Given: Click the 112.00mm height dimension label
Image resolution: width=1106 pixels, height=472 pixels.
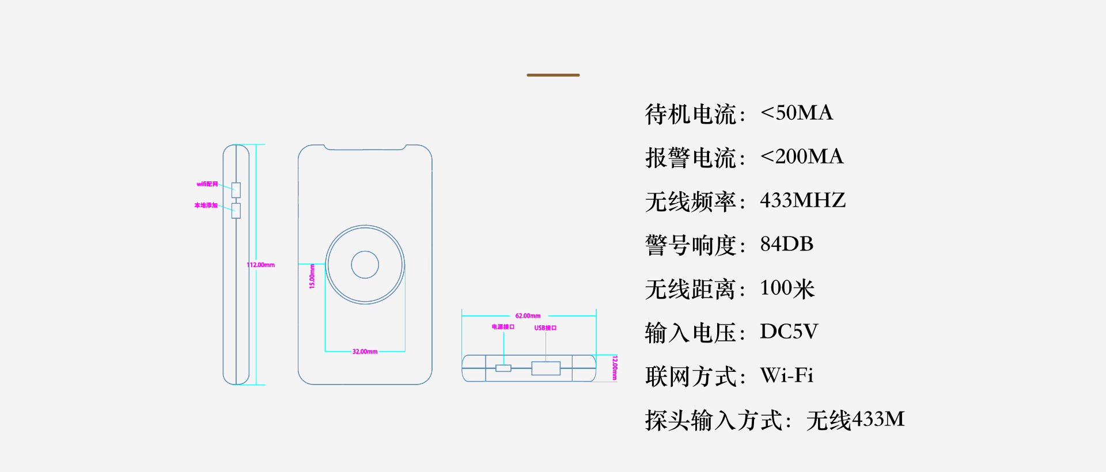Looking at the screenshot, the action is (x=261, y=265).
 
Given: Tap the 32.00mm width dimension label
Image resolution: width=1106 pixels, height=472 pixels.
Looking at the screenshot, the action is (x=365, y=352).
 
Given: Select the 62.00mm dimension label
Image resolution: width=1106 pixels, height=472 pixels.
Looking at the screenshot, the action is (x=528, y=316).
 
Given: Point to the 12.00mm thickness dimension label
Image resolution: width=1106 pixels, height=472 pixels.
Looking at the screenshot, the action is (x=615, y=368).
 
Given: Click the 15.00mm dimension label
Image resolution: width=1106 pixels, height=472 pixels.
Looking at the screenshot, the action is (x=312, y=276).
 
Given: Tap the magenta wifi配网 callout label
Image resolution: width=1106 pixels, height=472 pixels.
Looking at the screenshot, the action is (x=207, y=184).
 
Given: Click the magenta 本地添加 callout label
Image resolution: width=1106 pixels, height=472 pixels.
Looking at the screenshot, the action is (x=206, y=205).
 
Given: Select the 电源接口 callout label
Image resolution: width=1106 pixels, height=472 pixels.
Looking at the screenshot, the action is (x=503, y=327).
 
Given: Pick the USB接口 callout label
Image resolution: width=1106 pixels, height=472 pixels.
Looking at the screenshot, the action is (x=545, y=328).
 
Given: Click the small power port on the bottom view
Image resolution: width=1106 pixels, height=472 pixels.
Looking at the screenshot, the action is (x=503, y=368).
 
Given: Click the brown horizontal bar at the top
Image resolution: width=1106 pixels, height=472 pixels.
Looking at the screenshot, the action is (x=553, y=75).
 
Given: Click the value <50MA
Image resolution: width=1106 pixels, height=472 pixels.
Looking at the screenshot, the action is (x=797, y=113).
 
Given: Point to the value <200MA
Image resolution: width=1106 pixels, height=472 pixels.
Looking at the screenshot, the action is (x=802, y=157).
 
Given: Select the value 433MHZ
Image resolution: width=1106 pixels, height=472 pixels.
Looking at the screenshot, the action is (x=803, y=200).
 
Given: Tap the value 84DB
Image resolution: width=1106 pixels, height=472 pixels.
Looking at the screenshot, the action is (x=787, y=244).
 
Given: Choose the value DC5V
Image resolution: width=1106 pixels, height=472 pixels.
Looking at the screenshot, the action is (x=789, y=332).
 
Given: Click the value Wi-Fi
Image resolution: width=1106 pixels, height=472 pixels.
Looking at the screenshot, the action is (x=787, y=375).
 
